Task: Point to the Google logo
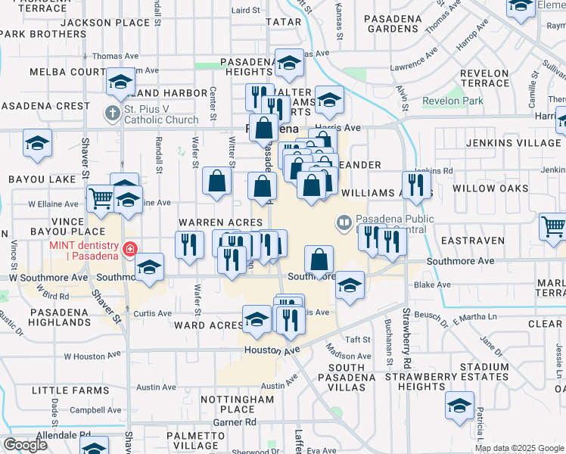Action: pyautogui.click(x=25, y=445)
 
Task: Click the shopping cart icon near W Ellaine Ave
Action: pyautogui.click(x=100, y=199)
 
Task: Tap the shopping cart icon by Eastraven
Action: pyautogui.click(x=553, y=226)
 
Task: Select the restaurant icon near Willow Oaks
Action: pyautogui.click(x=416, y=184)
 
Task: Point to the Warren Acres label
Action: pyautogui.click(x=220, y=222)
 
